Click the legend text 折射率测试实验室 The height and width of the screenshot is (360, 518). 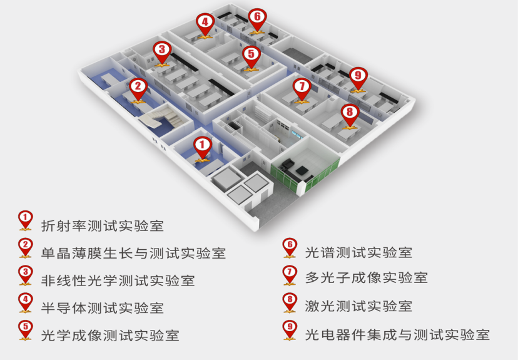(102, 225)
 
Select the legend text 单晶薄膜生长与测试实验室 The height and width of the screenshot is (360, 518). (133, 254)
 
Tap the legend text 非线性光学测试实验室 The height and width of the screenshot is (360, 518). (118, 280)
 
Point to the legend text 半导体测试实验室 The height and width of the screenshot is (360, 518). (102, 307)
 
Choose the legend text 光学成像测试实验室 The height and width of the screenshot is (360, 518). (110, 335)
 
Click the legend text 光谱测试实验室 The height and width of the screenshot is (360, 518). (358, 253)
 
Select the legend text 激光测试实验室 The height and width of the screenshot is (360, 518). (358, 306)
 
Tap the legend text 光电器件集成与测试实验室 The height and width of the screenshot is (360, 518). (397, 335)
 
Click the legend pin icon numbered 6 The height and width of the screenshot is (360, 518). (289, 247)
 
